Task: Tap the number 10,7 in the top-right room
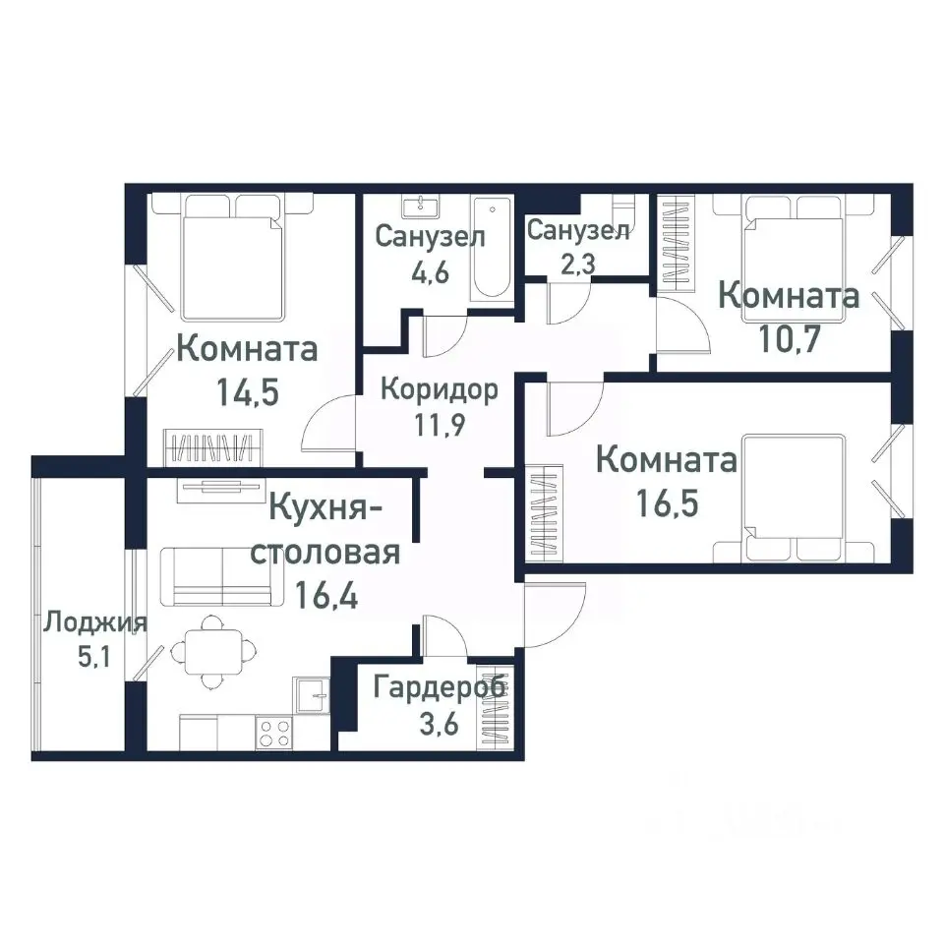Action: point(790,338)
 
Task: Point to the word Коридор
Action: point(439,388)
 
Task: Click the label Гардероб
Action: point(440,686)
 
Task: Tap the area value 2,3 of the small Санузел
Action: point(577,265)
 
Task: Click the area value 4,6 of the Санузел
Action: point(430,271)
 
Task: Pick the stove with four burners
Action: point(274,732)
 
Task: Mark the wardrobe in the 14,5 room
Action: point(212,448)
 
